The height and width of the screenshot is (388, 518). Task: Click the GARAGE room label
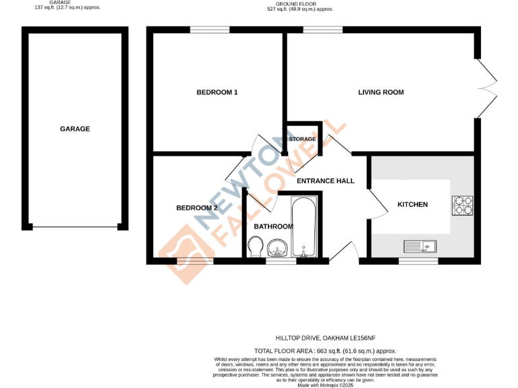click(75, 129)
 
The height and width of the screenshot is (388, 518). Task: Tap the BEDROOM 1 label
click(217, 92)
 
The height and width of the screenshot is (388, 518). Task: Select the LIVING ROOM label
click(381, 92)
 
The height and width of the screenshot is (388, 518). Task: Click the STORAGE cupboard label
click(302, 139)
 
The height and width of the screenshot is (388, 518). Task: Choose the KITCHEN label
click(413, 204)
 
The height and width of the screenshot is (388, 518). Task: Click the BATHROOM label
click(273, 226)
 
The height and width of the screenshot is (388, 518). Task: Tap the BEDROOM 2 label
click(197, 208)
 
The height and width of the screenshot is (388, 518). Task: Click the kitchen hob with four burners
click(463, 205)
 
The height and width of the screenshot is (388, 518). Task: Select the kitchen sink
click(420, 247)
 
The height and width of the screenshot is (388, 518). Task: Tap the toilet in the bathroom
click(256, 249)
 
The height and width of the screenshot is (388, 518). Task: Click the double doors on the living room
click(488, 88)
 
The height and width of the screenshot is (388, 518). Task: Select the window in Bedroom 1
click(210, 29)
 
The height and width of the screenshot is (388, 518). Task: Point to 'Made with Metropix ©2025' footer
click(325, 385)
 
